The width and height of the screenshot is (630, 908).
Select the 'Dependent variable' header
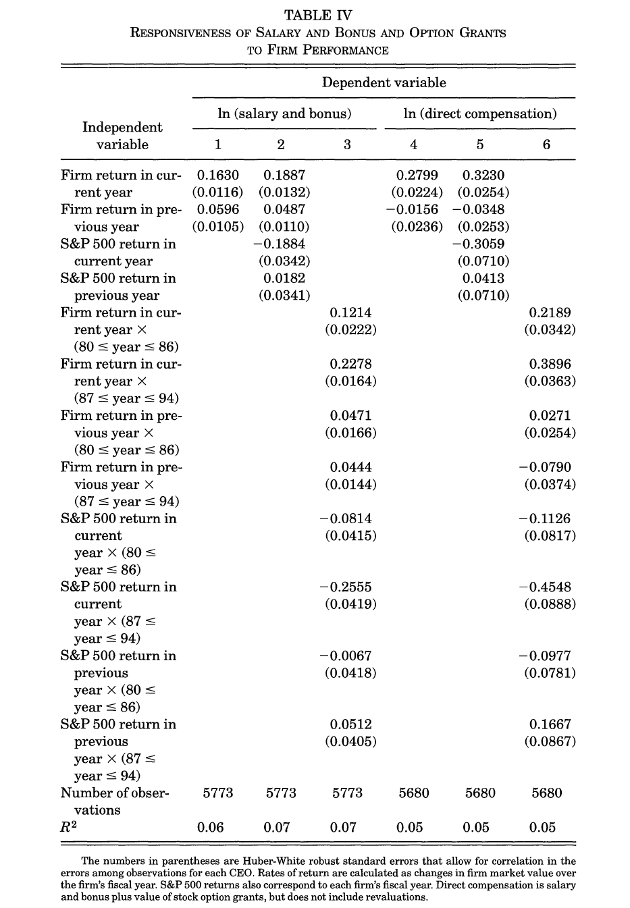point(384,82)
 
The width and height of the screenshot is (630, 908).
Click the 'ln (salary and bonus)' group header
point(284,113)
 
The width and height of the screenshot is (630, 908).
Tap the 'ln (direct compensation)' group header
point(479,113)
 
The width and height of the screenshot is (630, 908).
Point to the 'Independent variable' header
point(122,136)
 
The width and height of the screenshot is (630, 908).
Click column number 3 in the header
point(347,144)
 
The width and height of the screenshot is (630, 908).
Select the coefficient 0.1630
point(217,176)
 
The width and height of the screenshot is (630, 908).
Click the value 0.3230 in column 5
point(483,176)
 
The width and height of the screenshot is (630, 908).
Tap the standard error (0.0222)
point(350,329)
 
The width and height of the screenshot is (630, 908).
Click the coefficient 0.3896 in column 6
point(550,364)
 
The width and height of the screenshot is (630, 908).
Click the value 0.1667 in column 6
point(550,724)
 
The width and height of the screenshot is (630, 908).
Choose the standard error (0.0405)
point(350,741)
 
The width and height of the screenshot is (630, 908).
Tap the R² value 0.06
point(210,828)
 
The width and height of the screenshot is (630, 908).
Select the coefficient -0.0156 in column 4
point(412,210)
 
